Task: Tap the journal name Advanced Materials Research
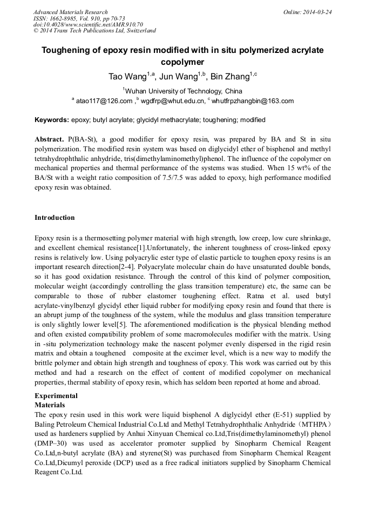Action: [70, 12]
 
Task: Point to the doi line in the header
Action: [88, 24]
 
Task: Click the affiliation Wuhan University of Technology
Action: [173, 91]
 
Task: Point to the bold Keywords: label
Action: [51, 120]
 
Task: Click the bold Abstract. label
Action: [50, 139]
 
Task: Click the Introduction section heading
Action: [55, 218]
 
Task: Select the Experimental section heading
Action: [56, 395]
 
